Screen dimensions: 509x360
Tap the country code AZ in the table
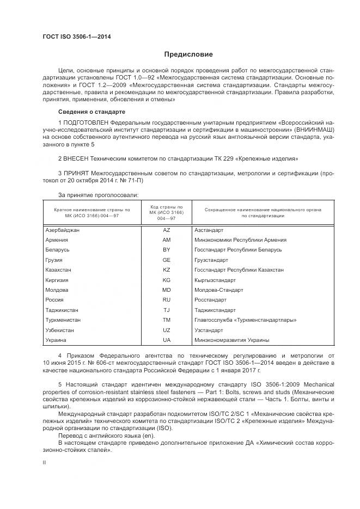167,230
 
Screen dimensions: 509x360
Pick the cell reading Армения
57,240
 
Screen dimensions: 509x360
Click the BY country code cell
167,250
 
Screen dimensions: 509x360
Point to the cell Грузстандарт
211,260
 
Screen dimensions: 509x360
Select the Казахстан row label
59,270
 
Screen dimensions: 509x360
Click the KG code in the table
167,280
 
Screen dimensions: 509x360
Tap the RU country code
167,300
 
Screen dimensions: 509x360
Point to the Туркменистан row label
63,320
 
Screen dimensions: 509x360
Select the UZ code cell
167,330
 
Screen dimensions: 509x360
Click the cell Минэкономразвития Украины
231,340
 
